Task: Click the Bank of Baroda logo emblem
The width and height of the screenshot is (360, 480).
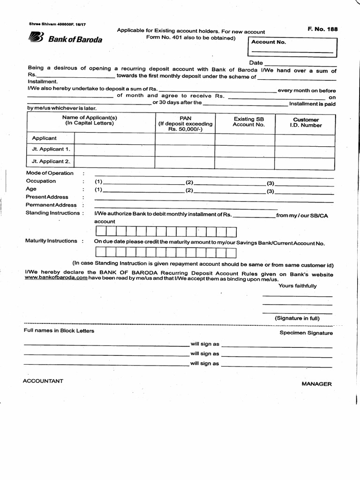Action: pyautogui.click(x=36, y=37)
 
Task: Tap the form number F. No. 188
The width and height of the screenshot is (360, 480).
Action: pyautogui.click(x=322, y=29)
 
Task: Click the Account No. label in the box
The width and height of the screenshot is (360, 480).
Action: pyautogui.click(x=268, y=42)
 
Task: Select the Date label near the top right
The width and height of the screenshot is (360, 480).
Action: pyautogui.click(x=256, y=63)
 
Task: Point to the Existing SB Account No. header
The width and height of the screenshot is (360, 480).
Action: pyautogui.click(x=248, y=122)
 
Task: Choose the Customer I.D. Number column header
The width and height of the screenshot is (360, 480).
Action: pyautogui.click(x=306, y=122)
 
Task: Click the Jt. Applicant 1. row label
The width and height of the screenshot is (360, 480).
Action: pyautogui.click(x=51, y=150)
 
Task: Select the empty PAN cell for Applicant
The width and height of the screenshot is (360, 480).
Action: pyautogui.click(x=185, y=139)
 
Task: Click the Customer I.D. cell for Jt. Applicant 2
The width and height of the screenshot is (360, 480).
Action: pyautogui.click(x=305, y=163)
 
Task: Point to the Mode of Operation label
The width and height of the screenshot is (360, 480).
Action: pyautogui.click(x=50, y=173)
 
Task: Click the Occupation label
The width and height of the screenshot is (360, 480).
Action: pyautogui.click(x=41, y=181)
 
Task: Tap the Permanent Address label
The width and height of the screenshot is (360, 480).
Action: pyautogui.click(x=51, y=205)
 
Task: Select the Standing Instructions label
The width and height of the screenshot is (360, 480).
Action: pyautogui.click(x=52, y=213)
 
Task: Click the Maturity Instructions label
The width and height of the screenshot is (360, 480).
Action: pyautogui.click(x=51, y=241)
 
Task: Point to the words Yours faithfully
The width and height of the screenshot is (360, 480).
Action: pyautogui.click(x=298, y=286)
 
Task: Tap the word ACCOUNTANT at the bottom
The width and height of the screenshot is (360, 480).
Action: pyautogui.click(x=43, y=381)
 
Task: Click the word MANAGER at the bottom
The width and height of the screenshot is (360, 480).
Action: pyautogui.click(x=316, y=384)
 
